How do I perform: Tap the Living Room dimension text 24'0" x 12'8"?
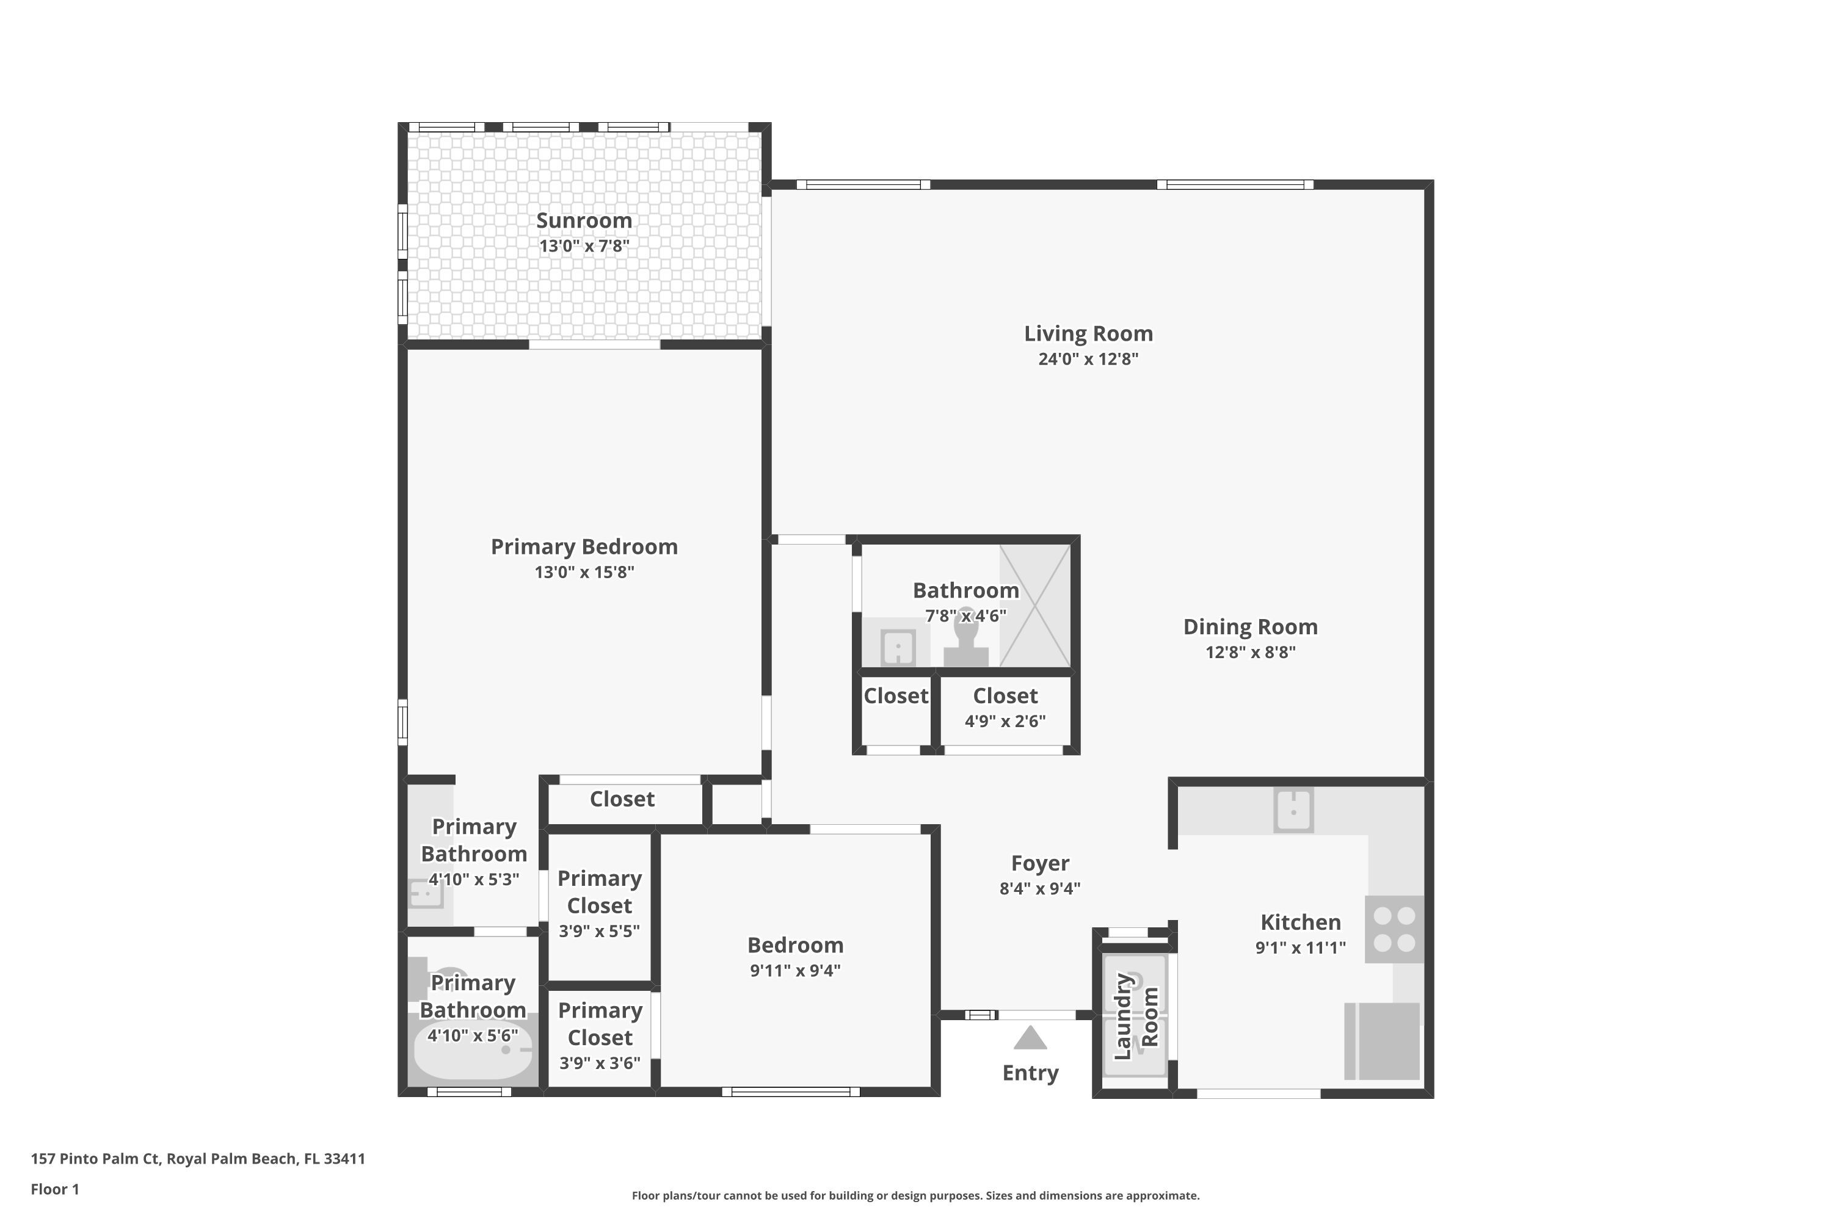pyautogui.click(x=1088, y=359)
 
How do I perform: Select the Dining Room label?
pyautogui.click(x=1250, y=627)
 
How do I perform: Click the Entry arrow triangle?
pyautogui.click(x=1030, y=1037)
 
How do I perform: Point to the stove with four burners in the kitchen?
pyautogui.click(x=1394, y=929)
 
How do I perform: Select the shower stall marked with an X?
pyautogui.click(x=1034, y=606)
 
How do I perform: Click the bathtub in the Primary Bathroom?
pyautogui.click(x=473, y=1049)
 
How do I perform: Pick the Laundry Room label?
pyautogui.click(x=1136, y=1016)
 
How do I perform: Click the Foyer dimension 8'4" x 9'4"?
pyautogui.click(x=1040, y=888)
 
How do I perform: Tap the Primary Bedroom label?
pyautogui.click(x=584, y=546)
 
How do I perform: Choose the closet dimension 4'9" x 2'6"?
pyautogui.click(x=1005, y=721)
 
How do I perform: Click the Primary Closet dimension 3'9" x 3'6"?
pyautogui.click(x=600, y=1063)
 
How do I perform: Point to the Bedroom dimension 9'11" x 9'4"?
pyautogui.click(x=795, y=970)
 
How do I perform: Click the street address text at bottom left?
pyautogui.click(x=198, y=1159)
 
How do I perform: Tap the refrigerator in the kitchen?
pyautogui.click(x=1383, y=1041)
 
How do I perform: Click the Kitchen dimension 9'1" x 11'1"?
pyautogui.click(x=1300, y=947)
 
